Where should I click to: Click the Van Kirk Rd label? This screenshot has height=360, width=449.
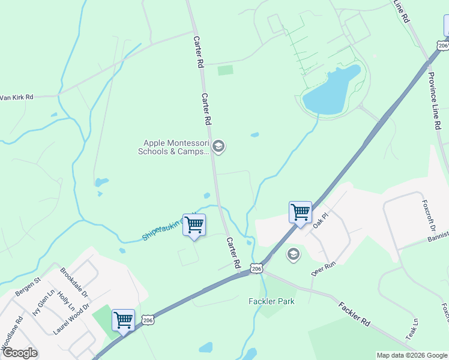coord(16,97)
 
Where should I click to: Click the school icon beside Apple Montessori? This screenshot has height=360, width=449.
coord(219,146)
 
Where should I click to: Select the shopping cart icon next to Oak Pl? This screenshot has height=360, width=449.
coord(300,212)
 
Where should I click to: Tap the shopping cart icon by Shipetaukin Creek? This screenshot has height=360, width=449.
coord(194,225)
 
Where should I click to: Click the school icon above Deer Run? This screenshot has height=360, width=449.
coord(293,254)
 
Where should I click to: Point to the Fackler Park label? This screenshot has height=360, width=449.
coord(271,301)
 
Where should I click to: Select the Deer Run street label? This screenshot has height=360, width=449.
coord(322,268)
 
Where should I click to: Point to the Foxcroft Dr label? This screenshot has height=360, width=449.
coord(427,216)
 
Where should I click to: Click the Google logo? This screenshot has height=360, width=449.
coord(19,353)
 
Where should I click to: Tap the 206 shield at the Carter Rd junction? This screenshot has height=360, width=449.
coord(256,269)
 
